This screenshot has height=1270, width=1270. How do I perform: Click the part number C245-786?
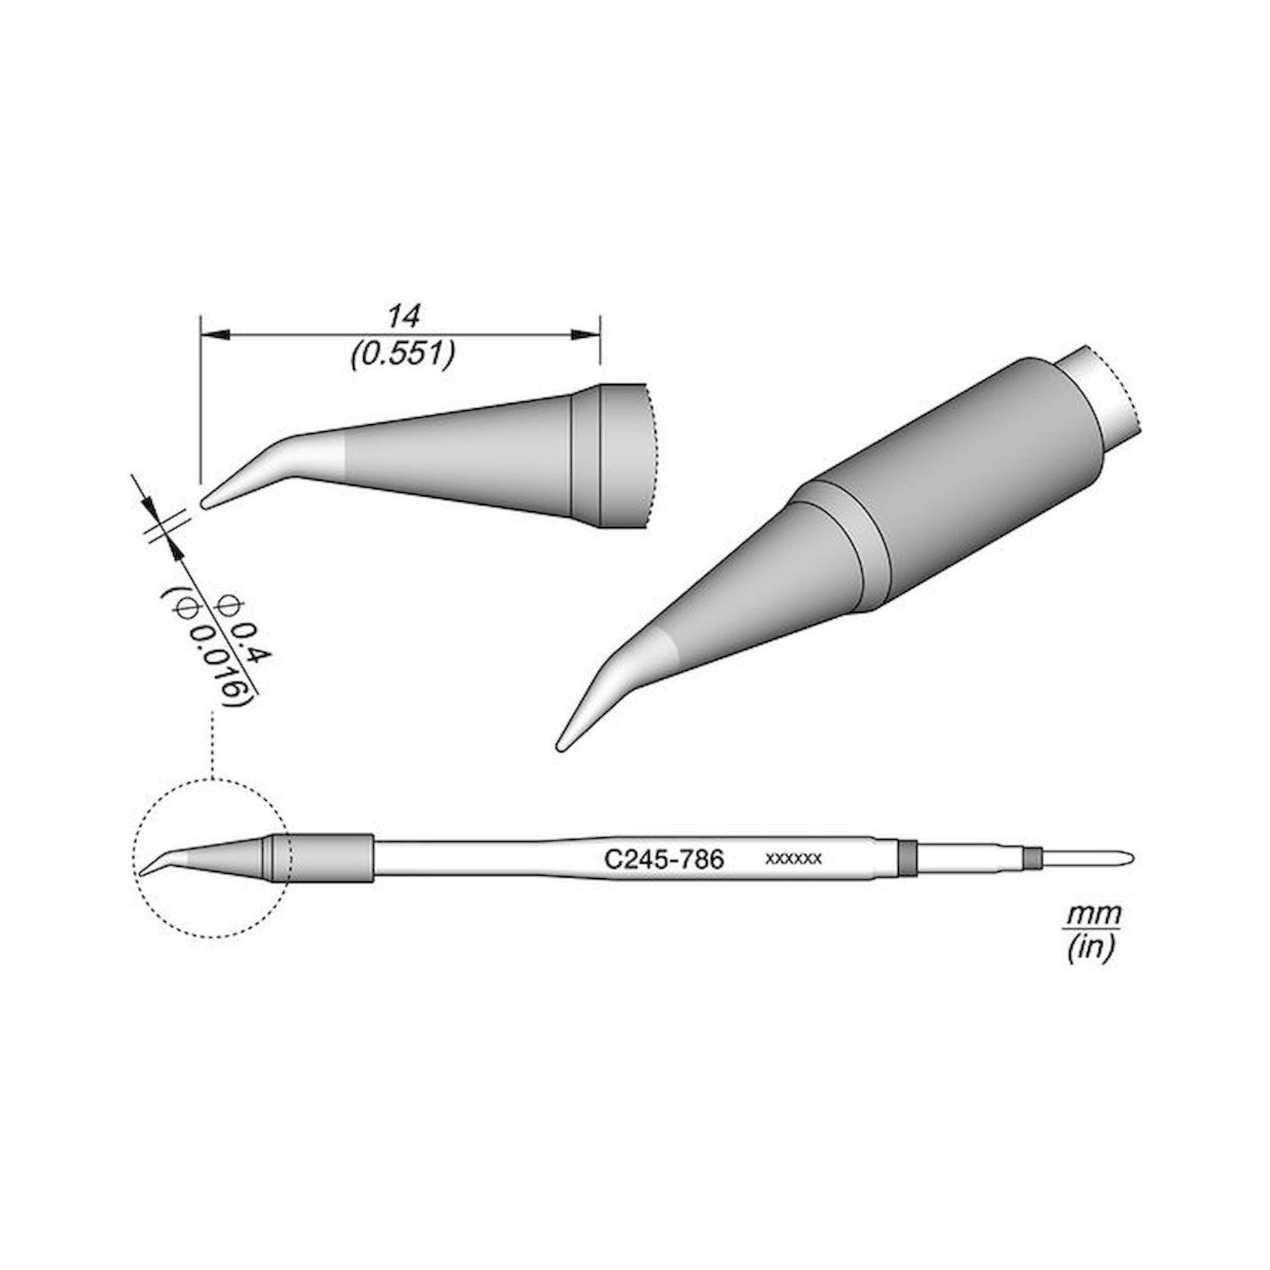[664, 860]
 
